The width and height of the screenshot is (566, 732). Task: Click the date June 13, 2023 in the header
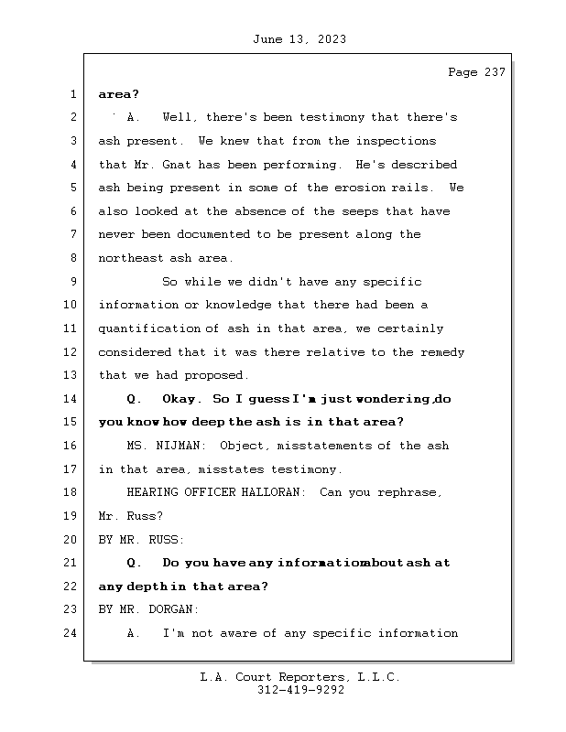pyautogui.click(x=298, y=39)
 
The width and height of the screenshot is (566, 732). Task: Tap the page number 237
pyautogui.click(x=493, y=73)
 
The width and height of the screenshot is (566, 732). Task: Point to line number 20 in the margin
pyautogui.click(x=72, y=540)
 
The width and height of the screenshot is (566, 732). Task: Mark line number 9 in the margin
pyautogui.click(x=72, y=282)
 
